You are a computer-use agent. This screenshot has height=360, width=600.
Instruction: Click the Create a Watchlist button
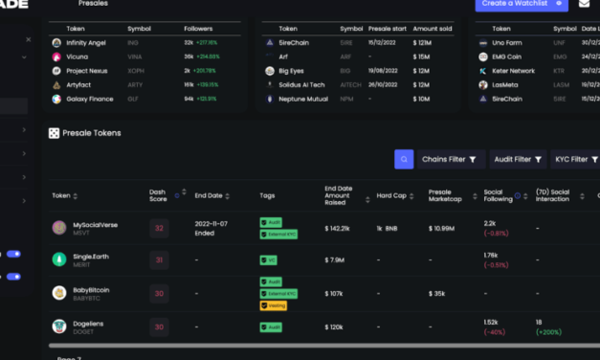(521, 4)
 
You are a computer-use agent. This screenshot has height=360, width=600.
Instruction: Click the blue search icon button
(403, 160)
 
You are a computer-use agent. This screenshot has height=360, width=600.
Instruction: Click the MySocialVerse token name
(96, 225)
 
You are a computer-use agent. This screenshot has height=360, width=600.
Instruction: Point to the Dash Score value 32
(159, 228)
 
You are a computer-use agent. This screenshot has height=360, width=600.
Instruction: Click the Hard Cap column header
(392, 195)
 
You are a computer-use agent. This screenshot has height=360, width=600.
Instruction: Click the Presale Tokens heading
(92, 133)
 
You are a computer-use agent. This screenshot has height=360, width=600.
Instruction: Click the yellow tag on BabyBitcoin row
(271, 306)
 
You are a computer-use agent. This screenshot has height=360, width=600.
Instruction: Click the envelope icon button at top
(585, 4)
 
